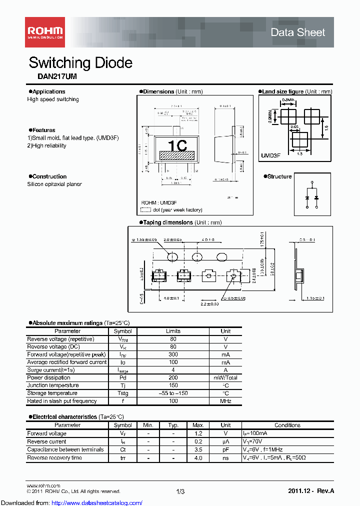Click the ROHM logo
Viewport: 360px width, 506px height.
tap(44, 31)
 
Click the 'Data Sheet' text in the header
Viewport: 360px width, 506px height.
tap(297, 32)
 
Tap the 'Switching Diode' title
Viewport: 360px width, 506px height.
tap(80, 63)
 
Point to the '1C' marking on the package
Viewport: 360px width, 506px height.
tap(177, 146)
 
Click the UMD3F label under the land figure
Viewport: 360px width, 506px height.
tap(270, 155)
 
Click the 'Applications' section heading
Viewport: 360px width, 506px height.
tap(48, 91)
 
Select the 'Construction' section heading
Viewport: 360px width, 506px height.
tap(48, 176)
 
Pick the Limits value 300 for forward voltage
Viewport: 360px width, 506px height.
tap(173, 354)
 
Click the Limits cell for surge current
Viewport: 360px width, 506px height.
tap(173, 370)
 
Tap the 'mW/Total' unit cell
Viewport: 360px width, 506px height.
tap(225, 378)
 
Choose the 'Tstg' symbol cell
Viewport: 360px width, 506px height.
tap(122, 393)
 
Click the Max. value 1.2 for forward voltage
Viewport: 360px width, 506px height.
tap(198, 433)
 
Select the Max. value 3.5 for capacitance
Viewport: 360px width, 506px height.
tap(198, 449)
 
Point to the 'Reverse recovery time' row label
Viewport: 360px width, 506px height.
tap(54, 457)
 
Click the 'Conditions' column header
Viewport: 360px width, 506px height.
tap(287, 425)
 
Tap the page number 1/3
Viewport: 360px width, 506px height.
tap(180, 492)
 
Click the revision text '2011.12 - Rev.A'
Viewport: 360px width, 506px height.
tap(310, 492)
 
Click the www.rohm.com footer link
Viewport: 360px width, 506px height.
tap(43, 485)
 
